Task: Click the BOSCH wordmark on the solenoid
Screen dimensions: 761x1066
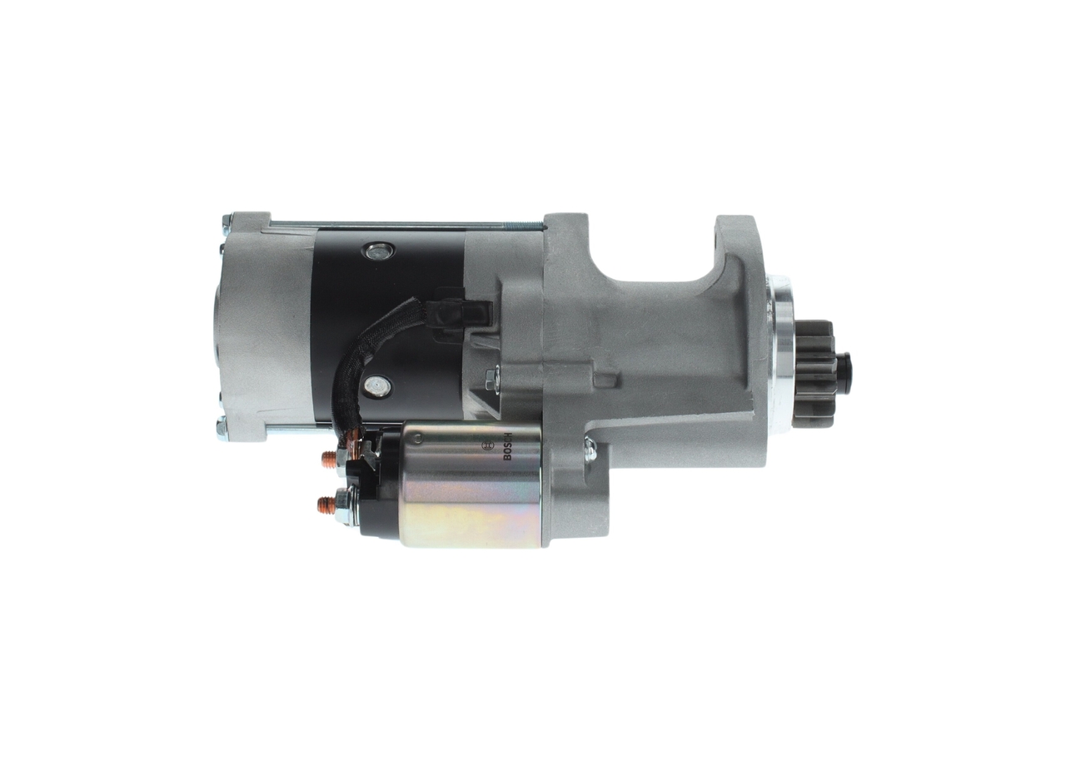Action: [x=507, y=450]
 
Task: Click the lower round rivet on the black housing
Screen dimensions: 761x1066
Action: [x=378, y=385]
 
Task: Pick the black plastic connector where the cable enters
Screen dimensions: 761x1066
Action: [x=454, y=312]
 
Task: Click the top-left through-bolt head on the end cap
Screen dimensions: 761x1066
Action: [x=226, y=223]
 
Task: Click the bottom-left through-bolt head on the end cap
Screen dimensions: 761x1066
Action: [x=222, y=430]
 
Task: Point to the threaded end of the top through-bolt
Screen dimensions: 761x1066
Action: [x=525, y=223]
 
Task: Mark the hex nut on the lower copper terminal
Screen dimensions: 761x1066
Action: [x=344, y=503]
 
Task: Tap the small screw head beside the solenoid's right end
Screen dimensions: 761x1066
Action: [x=590, y=450]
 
